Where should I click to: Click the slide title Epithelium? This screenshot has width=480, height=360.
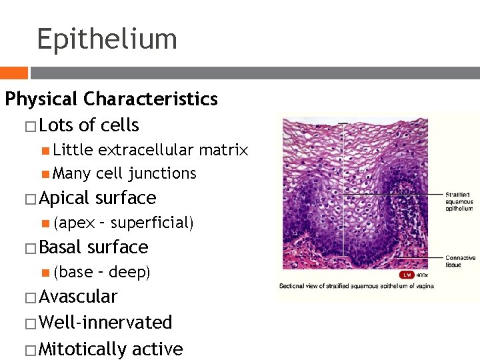click(x=107, y=39)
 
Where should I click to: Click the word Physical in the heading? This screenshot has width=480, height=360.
click(x=42, y=99)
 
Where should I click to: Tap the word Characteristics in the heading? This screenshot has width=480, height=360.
click(x=151, y=99)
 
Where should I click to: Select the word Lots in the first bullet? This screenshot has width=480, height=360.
click(x=57, y=125)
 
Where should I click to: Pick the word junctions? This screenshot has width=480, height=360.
click(x=164, y=173)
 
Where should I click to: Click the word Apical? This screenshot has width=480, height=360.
click(x=65, y=198)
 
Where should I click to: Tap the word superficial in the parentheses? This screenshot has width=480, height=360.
click(x=154, y=223)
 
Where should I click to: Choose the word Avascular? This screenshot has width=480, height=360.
click(x=78, y=297)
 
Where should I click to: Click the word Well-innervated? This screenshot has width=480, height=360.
click(x=106, y=323)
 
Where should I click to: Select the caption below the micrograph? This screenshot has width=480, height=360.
click(x=357, y=286)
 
